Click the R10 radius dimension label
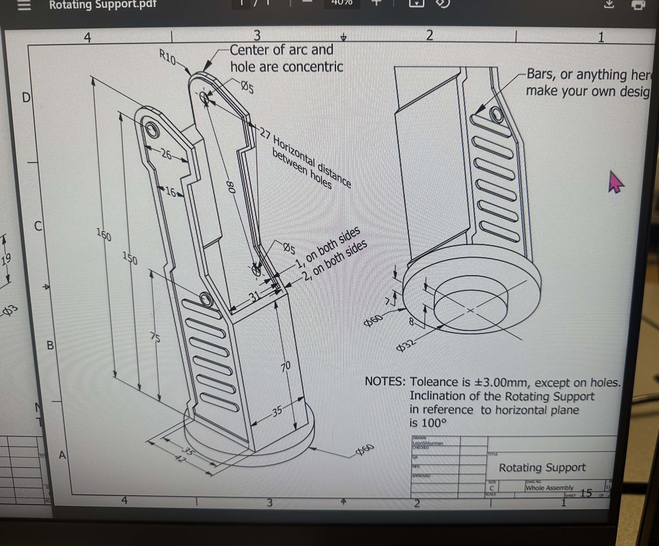pyautogui.click(x=167, y=57)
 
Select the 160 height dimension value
pyautogui.click(x=104, y=235)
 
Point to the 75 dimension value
pyautogui.click(x=155, y=338)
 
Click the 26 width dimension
pyautogui.click(x=166, y=154)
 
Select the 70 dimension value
pyautogui.click(x=285, y=367)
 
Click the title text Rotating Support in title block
pyautogui.click(x=542, y=467)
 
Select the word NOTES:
pyautogui.click(x=385, y=382)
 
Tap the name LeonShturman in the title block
pyautogui.click(x=427, y=443)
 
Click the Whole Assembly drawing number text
pyautogui.click(x=549, y=488)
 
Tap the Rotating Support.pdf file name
pyautogui.click(x=103, y=5)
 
